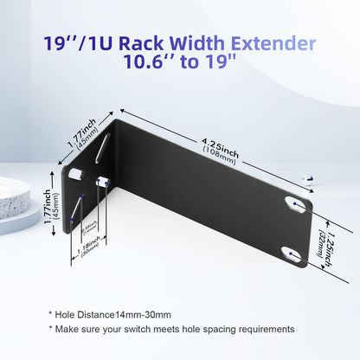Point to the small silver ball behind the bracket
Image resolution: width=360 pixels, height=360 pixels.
[x=306, y=178]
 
